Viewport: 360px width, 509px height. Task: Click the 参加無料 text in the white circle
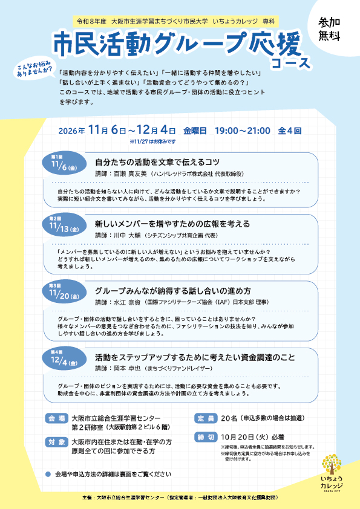click(329, 29)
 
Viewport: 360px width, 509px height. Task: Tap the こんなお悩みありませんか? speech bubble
click(34, 69)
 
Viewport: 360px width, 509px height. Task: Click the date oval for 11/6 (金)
click(64, 163)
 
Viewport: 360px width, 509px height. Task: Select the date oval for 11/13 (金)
click(64, 225)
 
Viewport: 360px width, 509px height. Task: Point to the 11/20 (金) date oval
click(64, 292)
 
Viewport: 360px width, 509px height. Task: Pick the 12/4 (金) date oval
click(64, 358)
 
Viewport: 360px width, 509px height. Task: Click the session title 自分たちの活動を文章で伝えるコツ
click(157, 162)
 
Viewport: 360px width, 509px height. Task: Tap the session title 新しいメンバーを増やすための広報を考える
click(172, 224)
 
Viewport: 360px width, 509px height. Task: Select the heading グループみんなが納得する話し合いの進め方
click(173, 291)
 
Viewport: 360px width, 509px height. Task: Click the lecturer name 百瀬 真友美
click(128, 174)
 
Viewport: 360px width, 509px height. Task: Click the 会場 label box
click(56, 418)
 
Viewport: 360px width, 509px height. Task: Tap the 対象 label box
click(56, 442)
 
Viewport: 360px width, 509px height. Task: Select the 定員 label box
click(206, 418)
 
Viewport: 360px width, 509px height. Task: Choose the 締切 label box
click(206, 437)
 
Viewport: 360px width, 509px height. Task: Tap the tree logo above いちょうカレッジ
click(332, 464)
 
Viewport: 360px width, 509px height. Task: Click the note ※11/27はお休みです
click(152, 141)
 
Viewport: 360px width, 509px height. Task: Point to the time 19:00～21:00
click(243, 131)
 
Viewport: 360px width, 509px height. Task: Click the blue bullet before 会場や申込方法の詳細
click(48, 475)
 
